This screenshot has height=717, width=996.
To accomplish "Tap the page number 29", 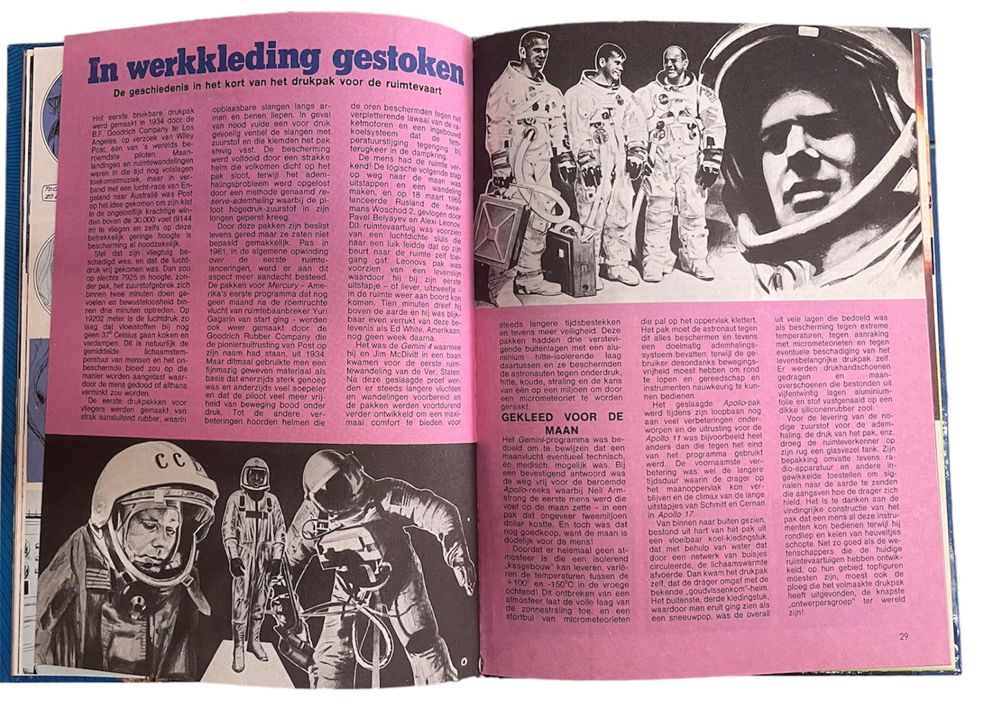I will (x=904, y=636).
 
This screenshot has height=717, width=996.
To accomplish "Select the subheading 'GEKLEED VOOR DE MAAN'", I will (x=561, y=423).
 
